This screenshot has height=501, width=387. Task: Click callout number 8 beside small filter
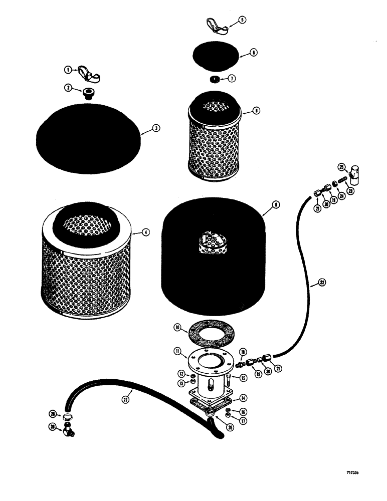click(256, 111)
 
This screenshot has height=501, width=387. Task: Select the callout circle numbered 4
click(145, 232)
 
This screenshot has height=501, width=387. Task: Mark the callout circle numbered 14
click(243, 398)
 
